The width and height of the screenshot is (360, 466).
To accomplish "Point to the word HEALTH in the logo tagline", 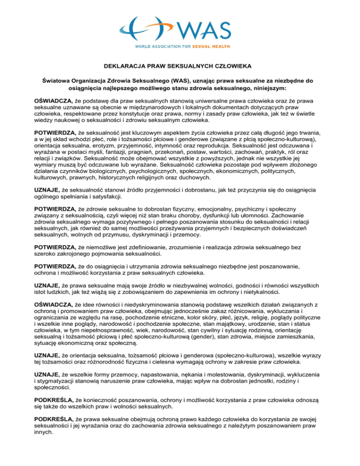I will tap(231, 47).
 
